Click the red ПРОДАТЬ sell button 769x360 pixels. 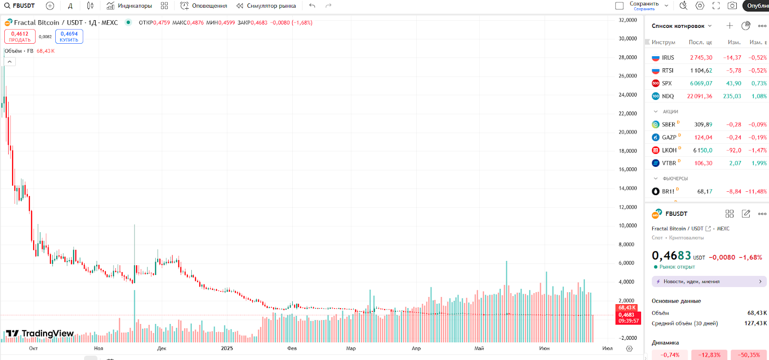[x=20, y=37]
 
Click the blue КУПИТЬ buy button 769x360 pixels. [x=69, y=37]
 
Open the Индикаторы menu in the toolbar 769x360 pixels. [x=129, y=6]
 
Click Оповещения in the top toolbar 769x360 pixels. [x=204, y=6]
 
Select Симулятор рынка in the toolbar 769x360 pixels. [x=266, y=6]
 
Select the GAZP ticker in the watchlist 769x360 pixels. [x=669, y=137]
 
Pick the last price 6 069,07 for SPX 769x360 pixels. [x=701, y=83]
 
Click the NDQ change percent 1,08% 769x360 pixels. [x=759, y=96]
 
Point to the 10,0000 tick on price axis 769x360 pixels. [x=628, y=225]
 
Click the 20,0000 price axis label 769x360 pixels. [x=628, y=132]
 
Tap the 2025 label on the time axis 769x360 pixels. [x=227, y=348]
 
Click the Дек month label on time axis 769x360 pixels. [x=161, y=348]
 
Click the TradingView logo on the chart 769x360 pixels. [x=40, y=334]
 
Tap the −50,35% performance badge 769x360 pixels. [x=749, y=355]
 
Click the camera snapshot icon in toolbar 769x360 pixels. [x=732, y=6]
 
